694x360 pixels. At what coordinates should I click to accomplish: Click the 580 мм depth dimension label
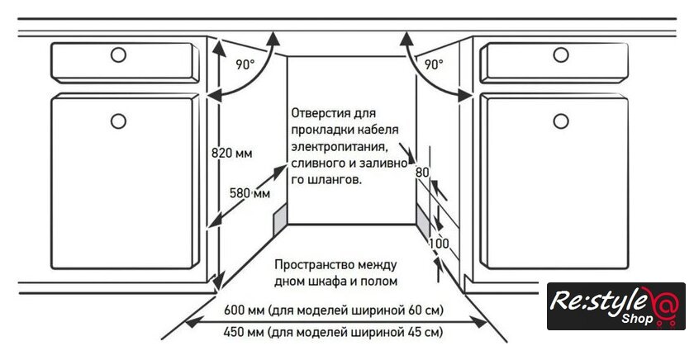(250, 193)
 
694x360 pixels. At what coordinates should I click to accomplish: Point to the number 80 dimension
(422, 172)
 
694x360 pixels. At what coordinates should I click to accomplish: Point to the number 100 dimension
(438, 244)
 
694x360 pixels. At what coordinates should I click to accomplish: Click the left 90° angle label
(245, 64)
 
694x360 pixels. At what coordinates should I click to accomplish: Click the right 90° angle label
(434, 64)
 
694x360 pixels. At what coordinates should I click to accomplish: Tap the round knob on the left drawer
(118, 55)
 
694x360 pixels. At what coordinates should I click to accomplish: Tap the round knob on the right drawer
(561, 55)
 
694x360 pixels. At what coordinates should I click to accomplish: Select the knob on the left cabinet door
(118, 121)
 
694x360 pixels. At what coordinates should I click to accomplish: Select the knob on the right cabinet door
(561, 121)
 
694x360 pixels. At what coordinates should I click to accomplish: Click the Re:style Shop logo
(615, 306)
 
